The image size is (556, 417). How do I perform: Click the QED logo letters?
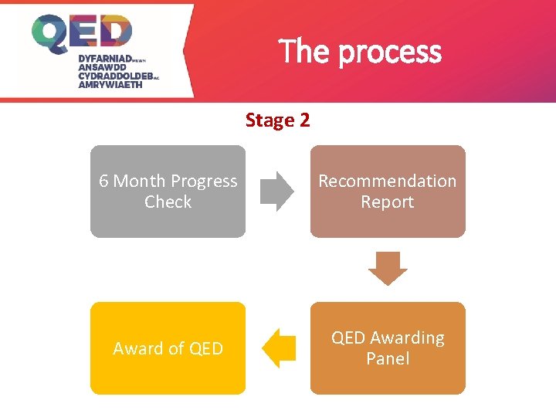coord(82,34)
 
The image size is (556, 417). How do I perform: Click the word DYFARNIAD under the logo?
coord(105,59)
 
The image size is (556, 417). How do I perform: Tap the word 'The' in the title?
coord(306,52)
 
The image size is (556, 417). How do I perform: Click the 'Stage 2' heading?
coord(277,120)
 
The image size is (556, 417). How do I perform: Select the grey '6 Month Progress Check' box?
coord(168,192)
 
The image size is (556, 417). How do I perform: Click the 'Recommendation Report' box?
coord(388,192)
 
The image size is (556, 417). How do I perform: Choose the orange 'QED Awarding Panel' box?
coord(388,348)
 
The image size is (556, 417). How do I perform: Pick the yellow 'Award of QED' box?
coord(168,348)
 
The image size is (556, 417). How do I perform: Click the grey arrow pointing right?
coord(277,192)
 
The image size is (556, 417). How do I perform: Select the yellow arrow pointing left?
coord(279,348)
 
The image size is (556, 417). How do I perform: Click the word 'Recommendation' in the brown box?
coord(388,181)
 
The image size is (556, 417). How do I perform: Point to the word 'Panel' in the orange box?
coord(388,359)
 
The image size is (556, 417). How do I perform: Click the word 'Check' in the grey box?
coord(168,202)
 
